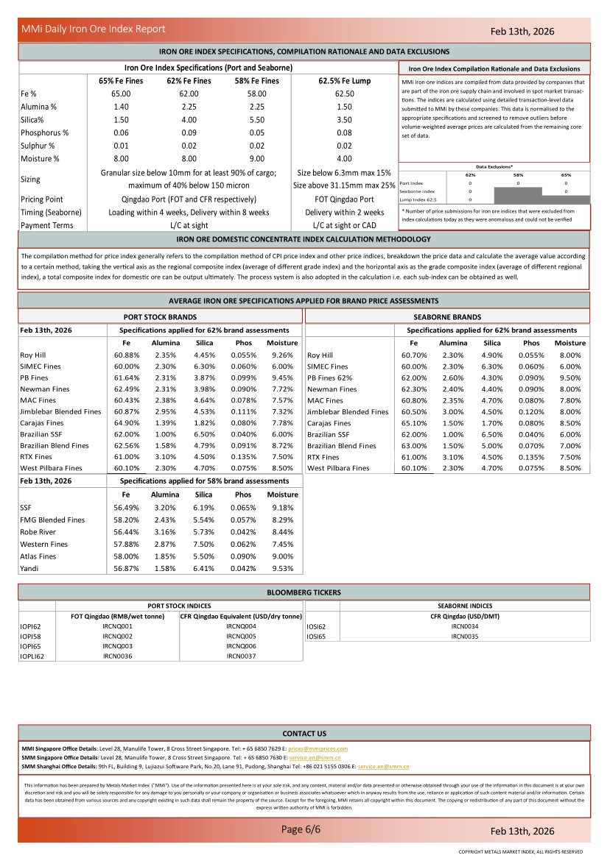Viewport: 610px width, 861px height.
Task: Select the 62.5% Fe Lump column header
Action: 344,81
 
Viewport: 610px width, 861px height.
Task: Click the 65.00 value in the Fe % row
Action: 121,94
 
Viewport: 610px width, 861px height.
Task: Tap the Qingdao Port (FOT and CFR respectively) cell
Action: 189,199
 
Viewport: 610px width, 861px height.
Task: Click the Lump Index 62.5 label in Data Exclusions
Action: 418,199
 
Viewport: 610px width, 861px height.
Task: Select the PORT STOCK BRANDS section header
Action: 159,316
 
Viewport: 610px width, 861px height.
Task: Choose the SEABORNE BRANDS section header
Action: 447,316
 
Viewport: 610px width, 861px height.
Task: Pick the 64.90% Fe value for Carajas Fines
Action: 127,422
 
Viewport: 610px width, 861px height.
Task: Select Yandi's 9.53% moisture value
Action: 282,568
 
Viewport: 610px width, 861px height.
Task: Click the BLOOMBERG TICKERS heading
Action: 304,592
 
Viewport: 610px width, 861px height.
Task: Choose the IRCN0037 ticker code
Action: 241,656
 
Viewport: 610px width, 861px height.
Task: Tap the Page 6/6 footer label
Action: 301,830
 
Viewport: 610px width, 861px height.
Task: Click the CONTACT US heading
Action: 304,734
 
